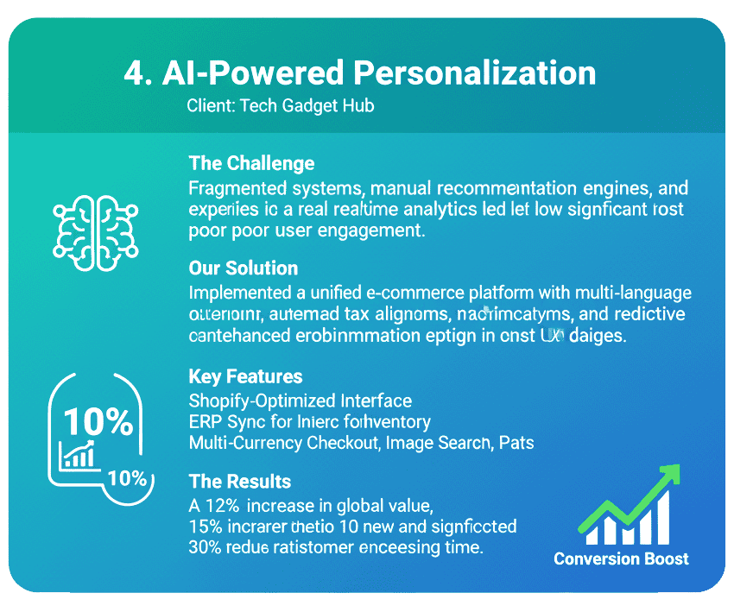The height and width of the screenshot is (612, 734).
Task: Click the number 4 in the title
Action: (x=134, y=74)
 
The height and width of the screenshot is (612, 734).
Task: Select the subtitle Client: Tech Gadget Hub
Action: (x=280, y=107)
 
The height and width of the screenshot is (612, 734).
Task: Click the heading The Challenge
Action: (x=250, y=163)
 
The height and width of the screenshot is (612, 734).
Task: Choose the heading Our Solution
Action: (x=243, y=268)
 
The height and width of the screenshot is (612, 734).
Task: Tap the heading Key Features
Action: (x=245, y=376)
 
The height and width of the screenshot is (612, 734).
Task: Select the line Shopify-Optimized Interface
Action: (x=300, y=401)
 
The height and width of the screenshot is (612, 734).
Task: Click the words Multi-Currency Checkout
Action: (x=283, y=444)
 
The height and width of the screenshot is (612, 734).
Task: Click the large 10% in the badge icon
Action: (x=98, y=422)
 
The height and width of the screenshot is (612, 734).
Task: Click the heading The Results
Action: (x=239, y=482)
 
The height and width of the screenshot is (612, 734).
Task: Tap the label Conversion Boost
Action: (x=621, y=558)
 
